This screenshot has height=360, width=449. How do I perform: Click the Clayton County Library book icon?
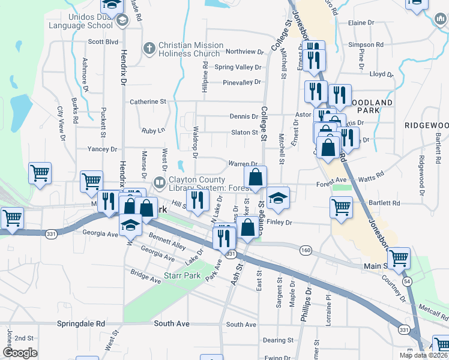[x=160, y=181]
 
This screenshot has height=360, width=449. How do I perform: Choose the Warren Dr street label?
[x=243, y=164]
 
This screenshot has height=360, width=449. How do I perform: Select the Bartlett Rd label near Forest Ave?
[x=385, y=203]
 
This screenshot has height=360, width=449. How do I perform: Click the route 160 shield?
[x=306, y=250]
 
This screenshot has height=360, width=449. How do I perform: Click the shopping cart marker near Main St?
[x=399, y=258]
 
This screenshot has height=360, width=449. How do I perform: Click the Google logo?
[x=20, y=353]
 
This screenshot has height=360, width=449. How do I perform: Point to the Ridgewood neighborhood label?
[x=426, y=125]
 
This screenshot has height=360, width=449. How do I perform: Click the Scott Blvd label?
[x=103, y=42]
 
